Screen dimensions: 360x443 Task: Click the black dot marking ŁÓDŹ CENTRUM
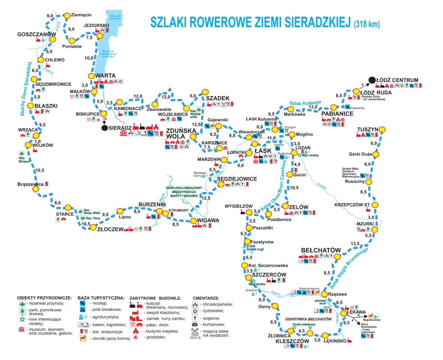372,80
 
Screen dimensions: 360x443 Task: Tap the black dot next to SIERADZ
105,128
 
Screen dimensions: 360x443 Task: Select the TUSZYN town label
368,129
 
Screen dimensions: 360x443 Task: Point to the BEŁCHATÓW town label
320,250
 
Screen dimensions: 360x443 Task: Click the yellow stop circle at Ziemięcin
67,16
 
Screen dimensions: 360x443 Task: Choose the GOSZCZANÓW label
36,34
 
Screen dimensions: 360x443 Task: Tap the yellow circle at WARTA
91,76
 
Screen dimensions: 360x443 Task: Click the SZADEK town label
217,98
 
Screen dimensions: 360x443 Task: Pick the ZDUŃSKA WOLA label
181,133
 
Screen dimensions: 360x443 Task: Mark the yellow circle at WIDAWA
193,221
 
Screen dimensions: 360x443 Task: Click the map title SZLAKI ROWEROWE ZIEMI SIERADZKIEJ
250,22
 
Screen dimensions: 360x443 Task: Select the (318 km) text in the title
367,24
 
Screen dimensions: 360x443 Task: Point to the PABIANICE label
337,114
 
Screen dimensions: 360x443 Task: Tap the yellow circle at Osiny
275,306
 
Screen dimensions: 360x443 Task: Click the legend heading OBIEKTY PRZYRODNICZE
44,298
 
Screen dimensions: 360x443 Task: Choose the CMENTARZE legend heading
206,298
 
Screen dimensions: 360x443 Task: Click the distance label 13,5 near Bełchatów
355,244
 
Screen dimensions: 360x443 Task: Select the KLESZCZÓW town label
292,341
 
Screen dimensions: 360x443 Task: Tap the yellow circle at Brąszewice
36,189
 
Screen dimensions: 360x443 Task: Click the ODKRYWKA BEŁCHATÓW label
308,319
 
